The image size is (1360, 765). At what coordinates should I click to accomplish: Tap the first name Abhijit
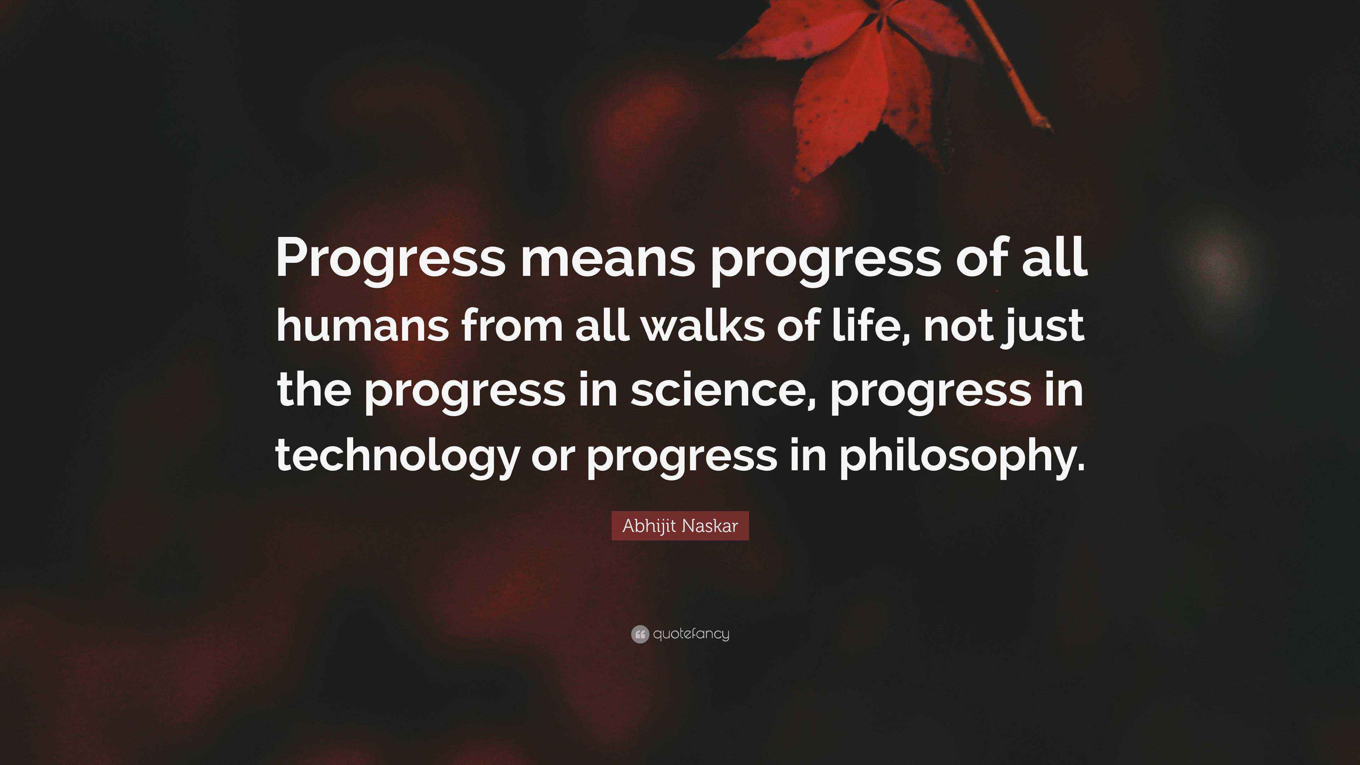[x=648, y=526]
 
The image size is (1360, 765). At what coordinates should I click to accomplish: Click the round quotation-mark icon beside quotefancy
[x=639, y=634]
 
